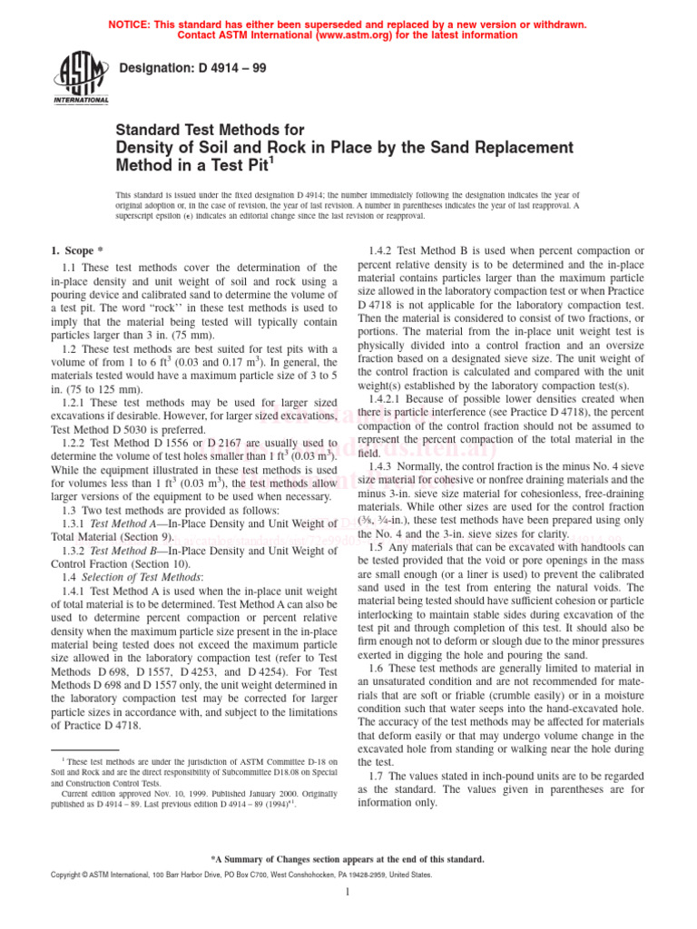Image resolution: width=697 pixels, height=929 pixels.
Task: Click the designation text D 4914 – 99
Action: (193, 67)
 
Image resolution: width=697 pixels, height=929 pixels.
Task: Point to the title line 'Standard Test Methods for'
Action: (209, 131)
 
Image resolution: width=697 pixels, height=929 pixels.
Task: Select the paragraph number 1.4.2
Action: (384, 249)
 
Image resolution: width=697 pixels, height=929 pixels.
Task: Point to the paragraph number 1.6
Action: (381, 667)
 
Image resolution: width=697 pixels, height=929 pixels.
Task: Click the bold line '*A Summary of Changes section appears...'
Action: (348, 858)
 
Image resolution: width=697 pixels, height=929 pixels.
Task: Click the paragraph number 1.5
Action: (381, 547)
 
